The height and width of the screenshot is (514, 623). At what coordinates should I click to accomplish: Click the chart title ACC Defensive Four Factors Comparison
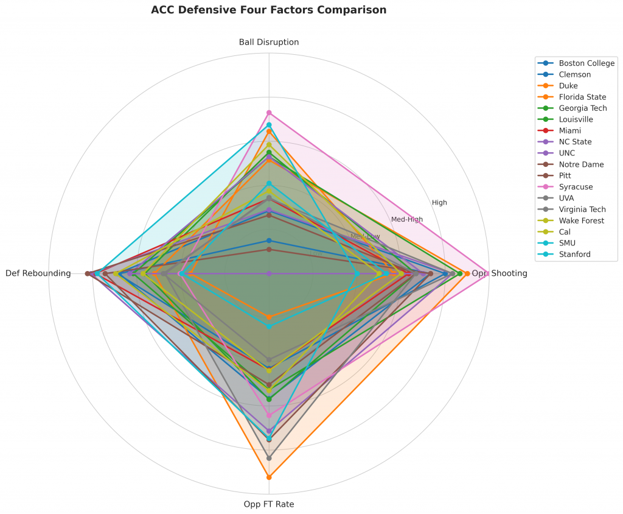click(x=268, y=10)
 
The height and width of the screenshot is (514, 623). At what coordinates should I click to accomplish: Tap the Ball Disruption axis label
click(x=269, y=42)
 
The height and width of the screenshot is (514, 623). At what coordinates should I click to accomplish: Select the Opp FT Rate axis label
click(x=269, y=504)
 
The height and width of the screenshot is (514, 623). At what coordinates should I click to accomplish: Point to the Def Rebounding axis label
click(x=38, y=273)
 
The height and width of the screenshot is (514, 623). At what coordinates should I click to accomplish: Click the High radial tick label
click(x=439, y=202)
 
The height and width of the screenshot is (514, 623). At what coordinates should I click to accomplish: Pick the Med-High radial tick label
click(x=406, y=219)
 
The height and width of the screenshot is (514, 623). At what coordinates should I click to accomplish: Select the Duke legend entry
click(x=568, y=85)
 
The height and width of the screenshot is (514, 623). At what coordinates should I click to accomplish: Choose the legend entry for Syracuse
click(x=576, y=186)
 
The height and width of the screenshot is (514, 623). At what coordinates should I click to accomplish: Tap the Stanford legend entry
click(x=574, y=254)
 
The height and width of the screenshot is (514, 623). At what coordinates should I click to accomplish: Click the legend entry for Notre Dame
click(x=581, y=164)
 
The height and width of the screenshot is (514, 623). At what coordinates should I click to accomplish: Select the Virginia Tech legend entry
click(x=583, y=209)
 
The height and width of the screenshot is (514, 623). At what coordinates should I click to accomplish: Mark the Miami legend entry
click(x=569, y=130)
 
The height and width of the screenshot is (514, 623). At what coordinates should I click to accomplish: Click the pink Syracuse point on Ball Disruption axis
click(x=269, y=113)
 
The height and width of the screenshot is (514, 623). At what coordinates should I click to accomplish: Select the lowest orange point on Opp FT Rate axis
click(x=269, y=477)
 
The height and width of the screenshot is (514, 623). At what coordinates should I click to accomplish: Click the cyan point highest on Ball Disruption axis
click(x=269, y=125)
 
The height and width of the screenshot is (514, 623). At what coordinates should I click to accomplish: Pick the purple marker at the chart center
click(x=269, y=273)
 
